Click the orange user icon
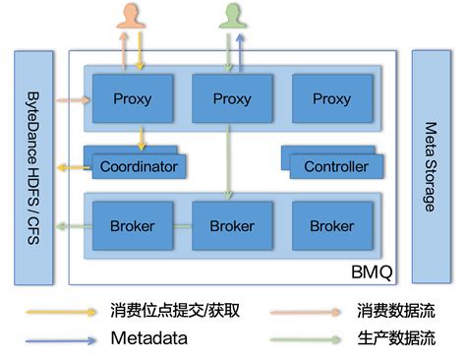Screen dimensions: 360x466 tap(131, 16)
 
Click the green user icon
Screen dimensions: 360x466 tap(232, 16)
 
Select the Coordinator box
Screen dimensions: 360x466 tap(139, 166)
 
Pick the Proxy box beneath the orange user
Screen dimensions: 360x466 tap(133, 98)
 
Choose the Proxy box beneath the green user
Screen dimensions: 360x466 tap(232, 98)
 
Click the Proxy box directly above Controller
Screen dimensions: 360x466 tap(332, 98)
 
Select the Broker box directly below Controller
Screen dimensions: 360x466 tap(332, 226)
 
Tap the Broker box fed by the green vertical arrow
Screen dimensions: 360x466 tap(232, 226)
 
